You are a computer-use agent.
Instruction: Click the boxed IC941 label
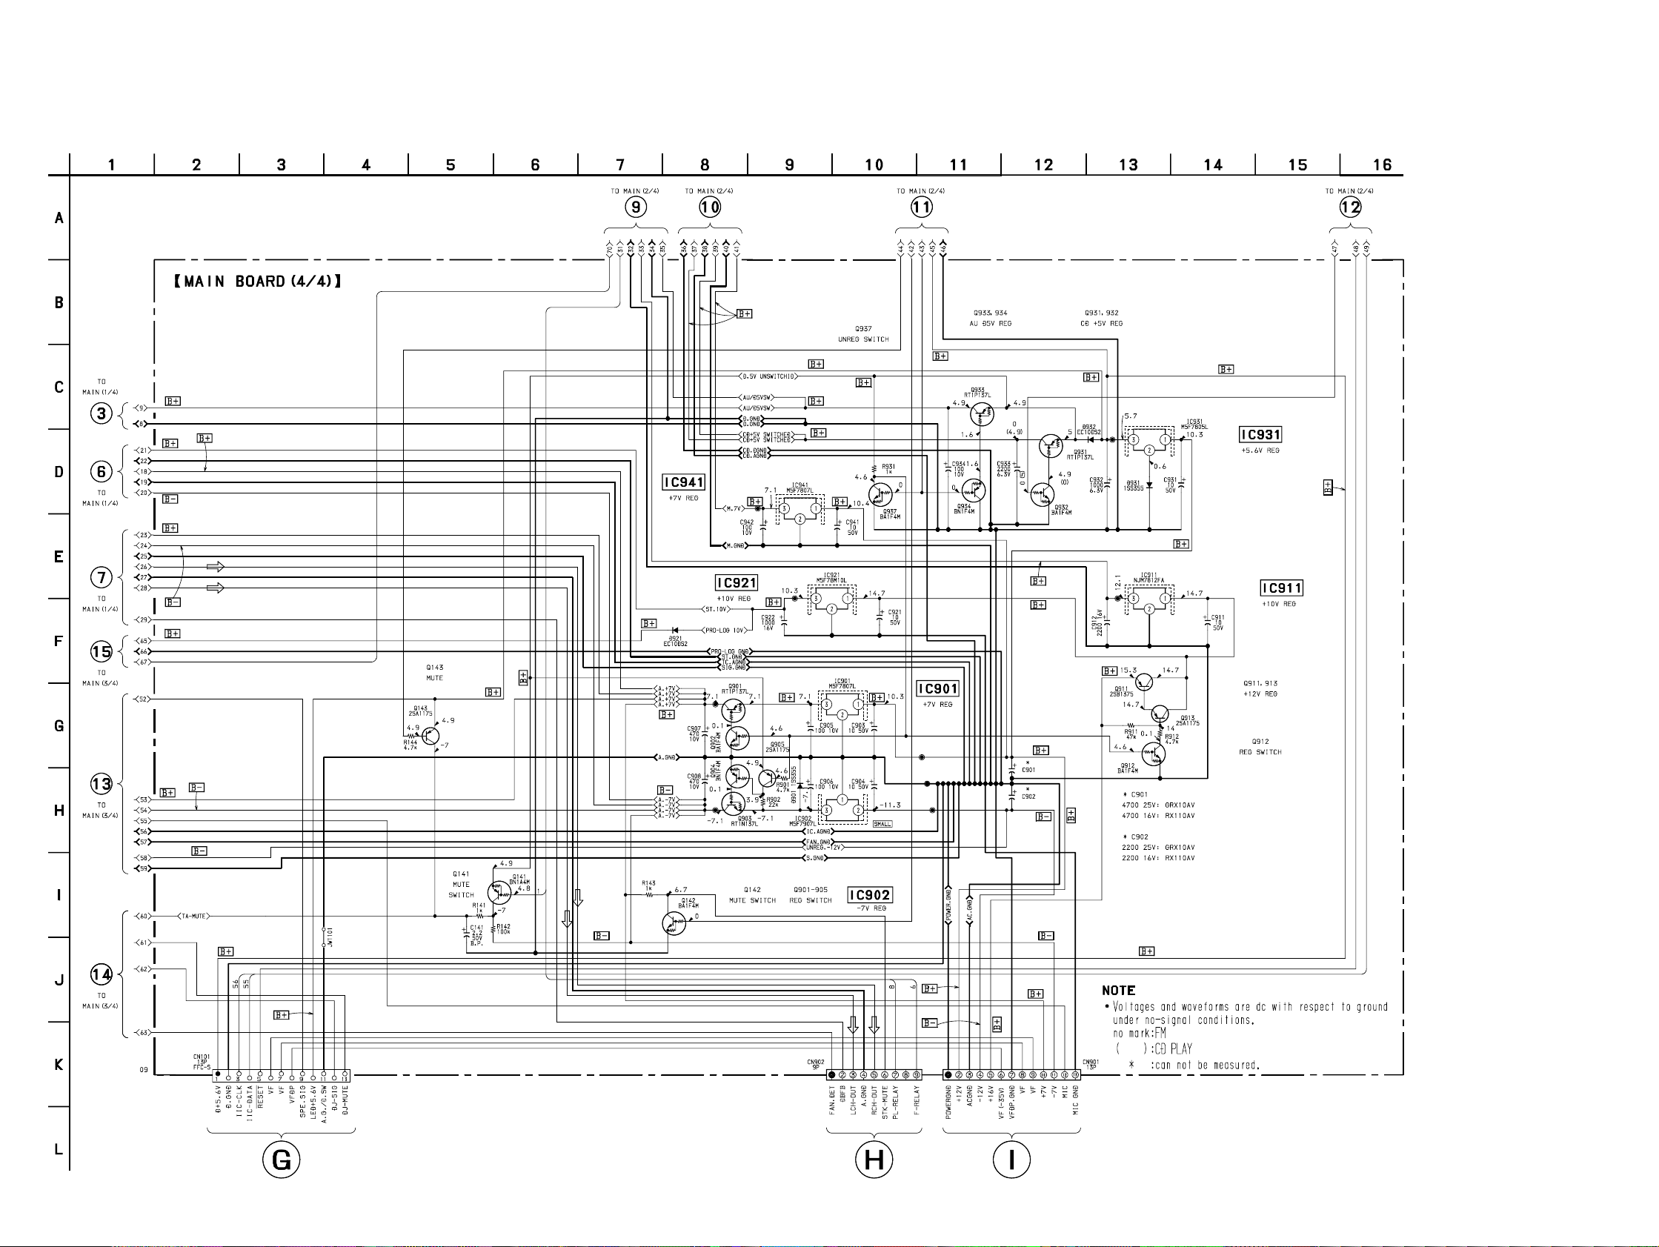coord(683,482)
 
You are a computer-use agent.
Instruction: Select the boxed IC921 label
coord(737,582)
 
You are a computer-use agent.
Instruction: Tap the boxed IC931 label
coord(1260,435)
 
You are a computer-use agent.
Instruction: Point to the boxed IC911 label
coord(1281,588)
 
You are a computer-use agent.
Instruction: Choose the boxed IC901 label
coord(937,688)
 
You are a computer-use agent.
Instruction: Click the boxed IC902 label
coord(869,894)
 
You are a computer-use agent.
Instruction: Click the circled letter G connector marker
coord(282,1160)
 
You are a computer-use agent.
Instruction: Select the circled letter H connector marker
coord(874,1160)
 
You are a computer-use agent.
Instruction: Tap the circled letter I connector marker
coord(1011,1160)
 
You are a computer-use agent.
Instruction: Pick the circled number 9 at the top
coord(635,207)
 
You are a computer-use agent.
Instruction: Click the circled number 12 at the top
coord(1350,207)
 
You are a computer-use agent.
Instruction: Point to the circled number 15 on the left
coord(102,651)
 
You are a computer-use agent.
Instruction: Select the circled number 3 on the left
coord(102,413)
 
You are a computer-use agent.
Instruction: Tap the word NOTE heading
coord(1118,991)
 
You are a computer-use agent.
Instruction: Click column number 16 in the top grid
coord(1381,165)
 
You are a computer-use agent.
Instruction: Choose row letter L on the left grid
coord(59,1148)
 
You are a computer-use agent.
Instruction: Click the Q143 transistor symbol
coord(430,736)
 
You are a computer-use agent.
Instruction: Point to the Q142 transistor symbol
coord(674,923)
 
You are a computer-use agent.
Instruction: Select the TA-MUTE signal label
coord(193,917)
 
